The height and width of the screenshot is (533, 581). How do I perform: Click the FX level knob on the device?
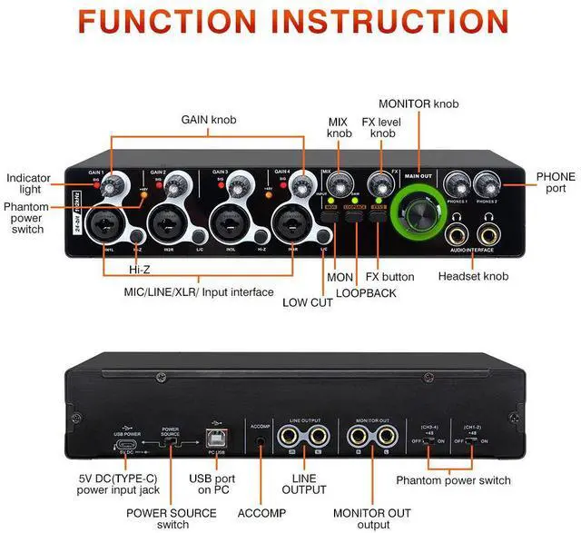(379, 183)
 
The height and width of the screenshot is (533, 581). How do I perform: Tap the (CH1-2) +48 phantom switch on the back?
(472, 441)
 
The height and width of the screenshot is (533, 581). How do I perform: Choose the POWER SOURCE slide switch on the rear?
(172, 442)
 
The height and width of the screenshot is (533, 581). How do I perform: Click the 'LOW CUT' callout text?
(306, 302)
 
